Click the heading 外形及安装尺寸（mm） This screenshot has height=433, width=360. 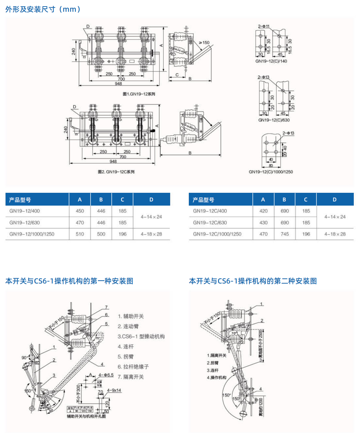43,9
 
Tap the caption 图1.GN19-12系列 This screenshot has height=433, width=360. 139,94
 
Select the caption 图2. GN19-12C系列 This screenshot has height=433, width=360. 116,172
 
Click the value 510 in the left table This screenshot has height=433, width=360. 80,234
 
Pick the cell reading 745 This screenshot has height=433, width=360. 285,234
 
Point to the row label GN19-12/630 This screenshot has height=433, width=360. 25,223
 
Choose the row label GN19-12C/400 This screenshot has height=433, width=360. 210,211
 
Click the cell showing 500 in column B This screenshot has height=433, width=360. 101,234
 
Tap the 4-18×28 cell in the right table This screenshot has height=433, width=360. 335,234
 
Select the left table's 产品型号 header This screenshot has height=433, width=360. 20,200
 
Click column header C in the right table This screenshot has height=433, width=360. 305,200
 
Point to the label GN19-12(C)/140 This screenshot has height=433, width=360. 271,61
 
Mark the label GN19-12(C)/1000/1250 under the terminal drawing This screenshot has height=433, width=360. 271,172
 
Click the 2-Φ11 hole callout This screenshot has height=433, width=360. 264,26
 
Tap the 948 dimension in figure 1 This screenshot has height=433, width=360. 118,83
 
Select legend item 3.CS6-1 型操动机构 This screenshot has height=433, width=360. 141,336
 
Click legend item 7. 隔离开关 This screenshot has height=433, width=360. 131,377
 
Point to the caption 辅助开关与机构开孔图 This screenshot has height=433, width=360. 86,416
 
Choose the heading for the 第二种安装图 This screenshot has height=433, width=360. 253,281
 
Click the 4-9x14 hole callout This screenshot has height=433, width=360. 114,390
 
